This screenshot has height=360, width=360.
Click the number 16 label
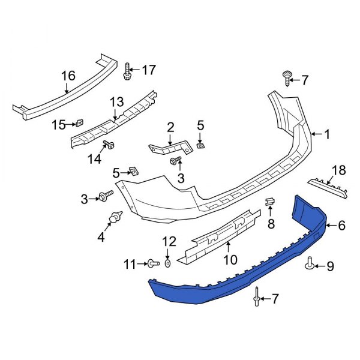tap(68, 76)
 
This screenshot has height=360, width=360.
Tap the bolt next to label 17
tap(128, 71)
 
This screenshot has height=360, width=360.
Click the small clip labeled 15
tap(77, 124)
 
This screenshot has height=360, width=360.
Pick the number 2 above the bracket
tap(170, 127)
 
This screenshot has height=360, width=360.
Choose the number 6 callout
tap(341, 226)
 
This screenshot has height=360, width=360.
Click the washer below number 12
tap(167, 263)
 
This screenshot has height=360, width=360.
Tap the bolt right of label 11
tap(151, 263)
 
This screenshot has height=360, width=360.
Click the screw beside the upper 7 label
tap(287, 77)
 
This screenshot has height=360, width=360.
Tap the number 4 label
tap(100, 238)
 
